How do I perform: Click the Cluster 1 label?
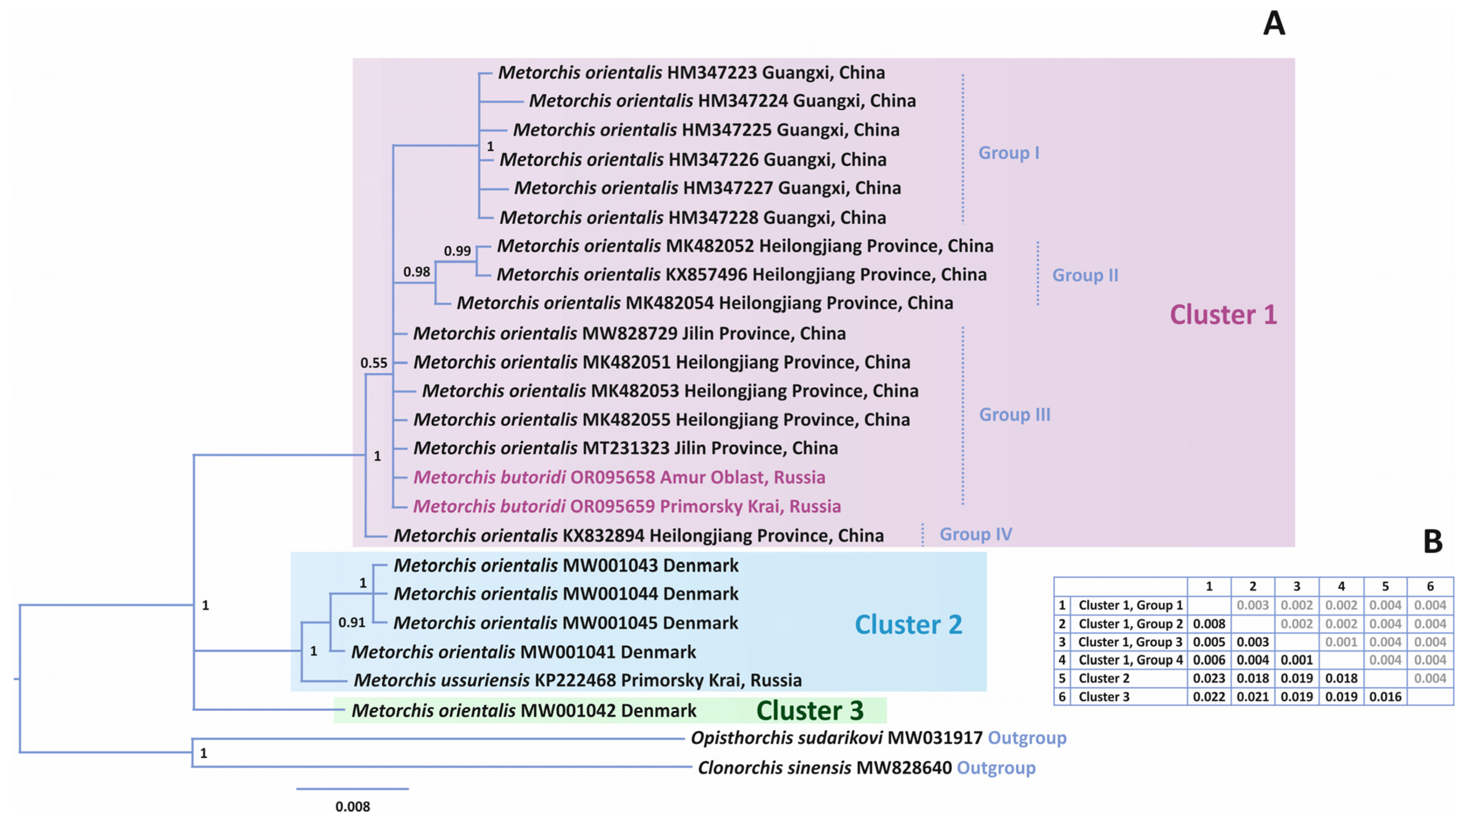pos(1223,314)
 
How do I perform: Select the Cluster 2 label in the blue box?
pos(908,625)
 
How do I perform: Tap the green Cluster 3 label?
pos(810,710)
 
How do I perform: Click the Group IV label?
pos(975,534)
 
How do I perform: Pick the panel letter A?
pos(1274,24)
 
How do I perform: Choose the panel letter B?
pos(1433,542)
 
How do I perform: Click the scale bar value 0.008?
pos(353,806)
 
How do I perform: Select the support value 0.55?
pos(374,363)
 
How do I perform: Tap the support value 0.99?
pos(457,251)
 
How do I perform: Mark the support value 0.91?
pos(351,622)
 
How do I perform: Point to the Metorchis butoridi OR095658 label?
pos(619,477)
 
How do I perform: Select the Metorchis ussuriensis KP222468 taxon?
pos(577,680)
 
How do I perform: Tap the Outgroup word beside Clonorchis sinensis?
pos(996,768)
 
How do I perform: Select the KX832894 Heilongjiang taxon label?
pos(638,536)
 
